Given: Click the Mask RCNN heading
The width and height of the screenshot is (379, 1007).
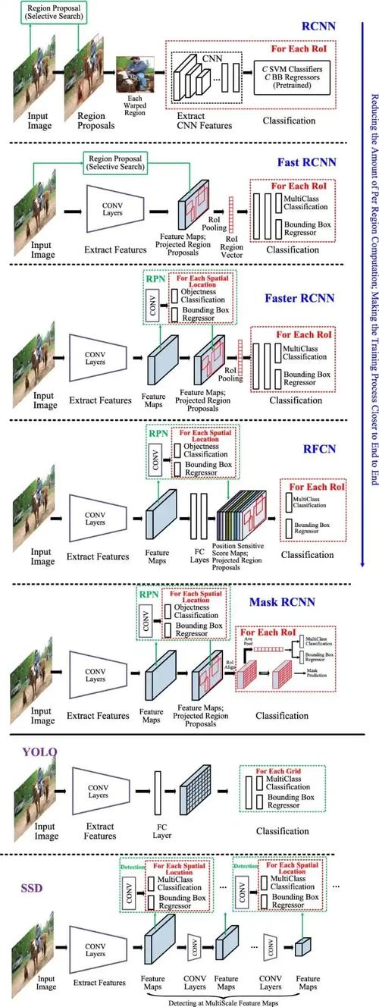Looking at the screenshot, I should tap(282, 604).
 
